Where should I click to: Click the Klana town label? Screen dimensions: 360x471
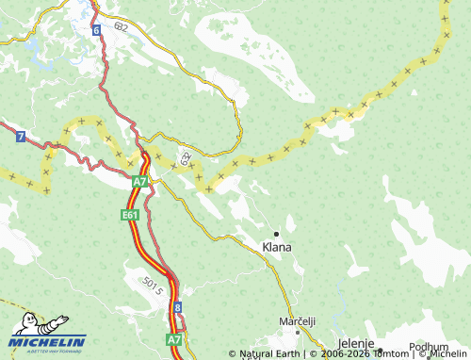[x=277, y=247]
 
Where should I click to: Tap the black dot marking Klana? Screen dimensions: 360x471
[x=276, y=233]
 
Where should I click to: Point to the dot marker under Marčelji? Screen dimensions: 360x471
[x=298, y=332]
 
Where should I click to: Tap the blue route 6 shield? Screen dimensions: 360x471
[x=96, y=30]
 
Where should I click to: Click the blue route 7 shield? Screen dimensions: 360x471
[x=20, y=137]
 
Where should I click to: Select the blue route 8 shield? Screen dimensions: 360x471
[x=177, y=307]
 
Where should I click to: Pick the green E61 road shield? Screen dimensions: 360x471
[x=130, y=216]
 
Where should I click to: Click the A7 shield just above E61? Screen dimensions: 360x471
[x=138, y=180]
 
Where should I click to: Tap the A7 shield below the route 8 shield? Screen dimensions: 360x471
[x=174, y=337]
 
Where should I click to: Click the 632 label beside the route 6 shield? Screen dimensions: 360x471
[x=119, y=27]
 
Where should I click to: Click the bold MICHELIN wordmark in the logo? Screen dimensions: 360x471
[x=47, y=341]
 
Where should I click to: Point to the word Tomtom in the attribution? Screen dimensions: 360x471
[x=390, y=354]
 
